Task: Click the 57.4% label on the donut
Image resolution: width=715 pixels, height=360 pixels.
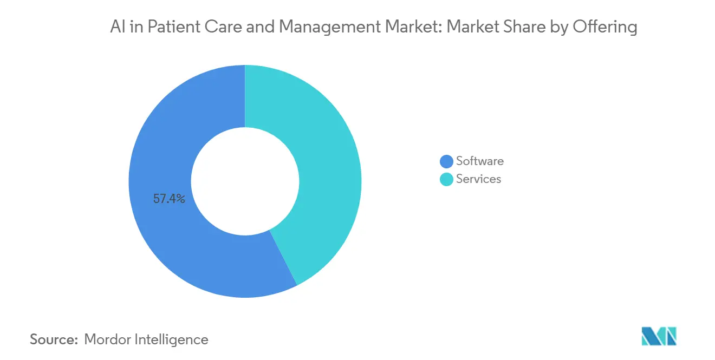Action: [x=169, y=199]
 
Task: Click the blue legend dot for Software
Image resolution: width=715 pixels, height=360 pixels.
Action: [x=446, y=161]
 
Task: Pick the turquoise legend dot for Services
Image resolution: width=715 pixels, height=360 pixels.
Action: [x=446, y=179]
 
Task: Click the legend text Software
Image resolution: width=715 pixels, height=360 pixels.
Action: [x=480, y=161]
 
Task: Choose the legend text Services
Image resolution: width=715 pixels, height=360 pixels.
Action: [x=479, y=179]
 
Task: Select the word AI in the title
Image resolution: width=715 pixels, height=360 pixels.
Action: [x=117, y=27]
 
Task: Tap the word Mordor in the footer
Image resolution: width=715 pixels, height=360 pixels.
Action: [x=107, y=339]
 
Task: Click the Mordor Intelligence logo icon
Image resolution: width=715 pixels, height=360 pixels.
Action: [x=659, y=336]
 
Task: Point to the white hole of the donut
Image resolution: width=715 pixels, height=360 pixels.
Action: [x=245, y=181]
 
